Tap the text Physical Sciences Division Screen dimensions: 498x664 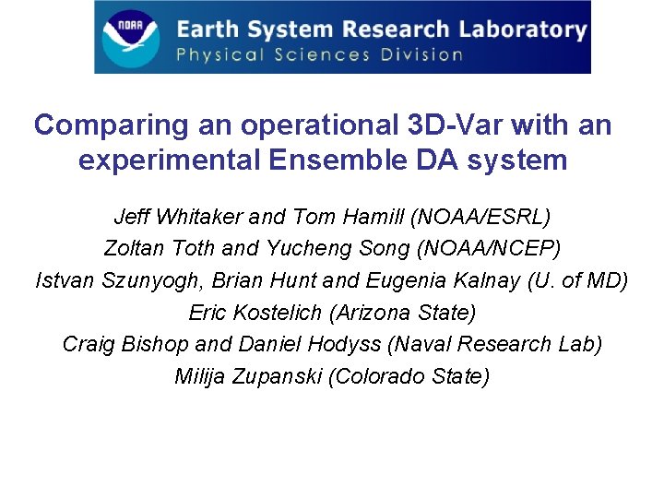point(319,54)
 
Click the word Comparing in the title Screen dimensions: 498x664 point(97,125)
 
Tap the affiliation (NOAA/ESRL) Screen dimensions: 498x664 point(480,218)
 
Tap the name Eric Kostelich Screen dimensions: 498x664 point(255,313)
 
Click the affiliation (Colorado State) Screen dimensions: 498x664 point(409,376)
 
